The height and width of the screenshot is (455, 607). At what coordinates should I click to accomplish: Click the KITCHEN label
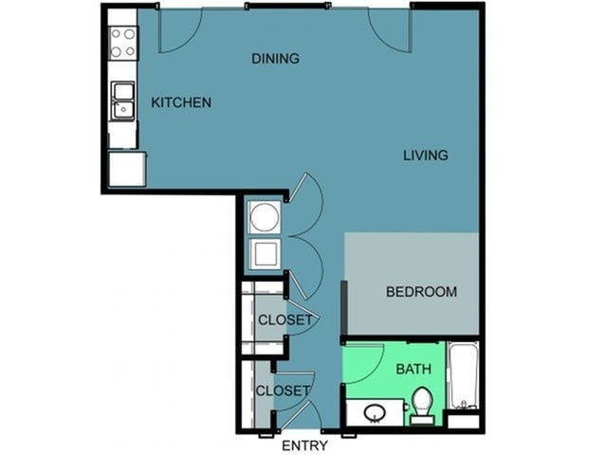coord(181,102)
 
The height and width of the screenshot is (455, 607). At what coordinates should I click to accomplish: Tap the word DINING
coord(275,59)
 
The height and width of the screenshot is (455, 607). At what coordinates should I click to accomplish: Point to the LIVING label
coord(426,155)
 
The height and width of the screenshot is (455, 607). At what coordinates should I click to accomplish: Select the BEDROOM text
coord(421,291)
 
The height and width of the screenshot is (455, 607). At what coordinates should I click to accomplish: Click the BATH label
coord(414,369)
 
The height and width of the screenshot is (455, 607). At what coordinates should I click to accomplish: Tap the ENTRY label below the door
coord(304,446)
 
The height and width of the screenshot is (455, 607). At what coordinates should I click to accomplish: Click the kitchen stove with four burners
coord(122,43)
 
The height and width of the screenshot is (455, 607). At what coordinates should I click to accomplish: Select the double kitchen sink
coord(123,100)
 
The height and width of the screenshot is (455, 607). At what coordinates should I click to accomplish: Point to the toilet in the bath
coord(422,406)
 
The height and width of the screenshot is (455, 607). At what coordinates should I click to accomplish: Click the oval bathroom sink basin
coord(375,413)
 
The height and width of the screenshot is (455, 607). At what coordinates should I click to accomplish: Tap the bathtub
coord(463,375)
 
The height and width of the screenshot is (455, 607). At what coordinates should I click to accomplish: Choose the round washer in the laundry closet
coord(265,217)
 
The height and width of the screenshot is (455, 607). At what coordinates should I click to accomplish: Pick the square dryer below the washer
coord(265,254)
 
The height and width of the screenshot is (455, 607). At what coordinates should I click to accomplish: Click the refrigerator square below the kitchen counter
coord(127,169)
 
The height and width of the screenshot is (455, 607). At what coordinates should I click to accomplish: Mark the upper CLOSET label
coord(285,320)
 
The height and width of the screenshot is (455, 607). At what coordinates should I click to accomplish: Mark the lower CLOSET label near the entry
coord(283,391)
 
